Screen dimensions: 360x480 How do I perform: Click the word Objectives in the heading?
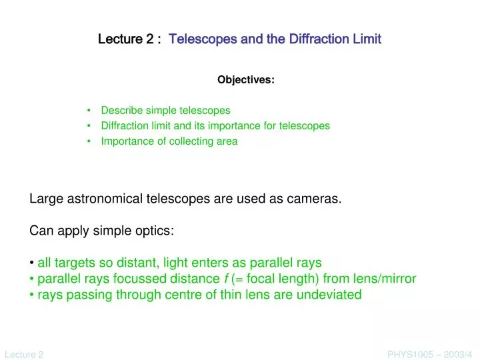tap(245, 80)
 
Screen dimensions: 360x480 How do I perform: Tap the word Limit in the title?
tap(366, 39)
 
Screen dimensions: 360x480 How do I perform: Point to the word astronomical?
tap(109, 199)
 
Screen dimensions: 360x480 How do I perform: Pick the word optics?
tap(156, 231)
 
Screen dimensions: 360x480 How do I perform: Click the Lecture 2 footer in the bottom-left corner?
tap(24, 355)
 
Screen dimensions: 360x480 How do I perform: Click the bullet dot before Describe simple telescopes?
tap(89, 111)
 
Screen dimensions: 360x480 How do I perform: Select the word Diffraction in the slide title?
tap(314, 39)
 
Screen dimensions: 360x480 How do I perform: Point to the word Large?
tap(45, 199)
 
